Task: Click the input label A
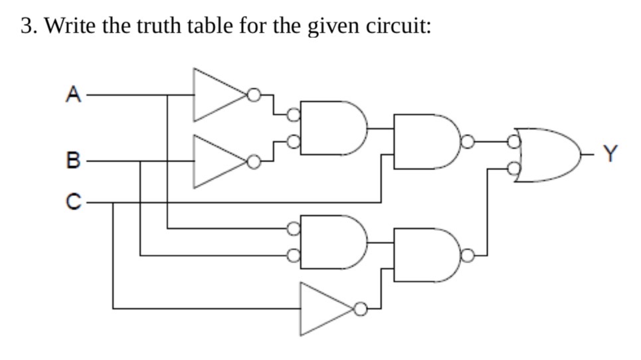(72, 95)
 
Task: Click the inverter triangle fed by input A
(217, 95)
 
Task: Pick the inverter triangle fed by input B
(217, 161)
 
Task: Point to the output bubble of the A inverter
(253, 95)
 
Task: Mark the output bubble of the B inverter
(253, 161)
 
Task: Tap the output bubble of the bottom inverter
(361, 309)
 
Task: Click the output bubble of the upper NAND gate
(468, 141)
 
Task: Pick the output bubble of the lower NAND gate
(468, 254)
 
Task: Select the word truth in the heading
(137, 26)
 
